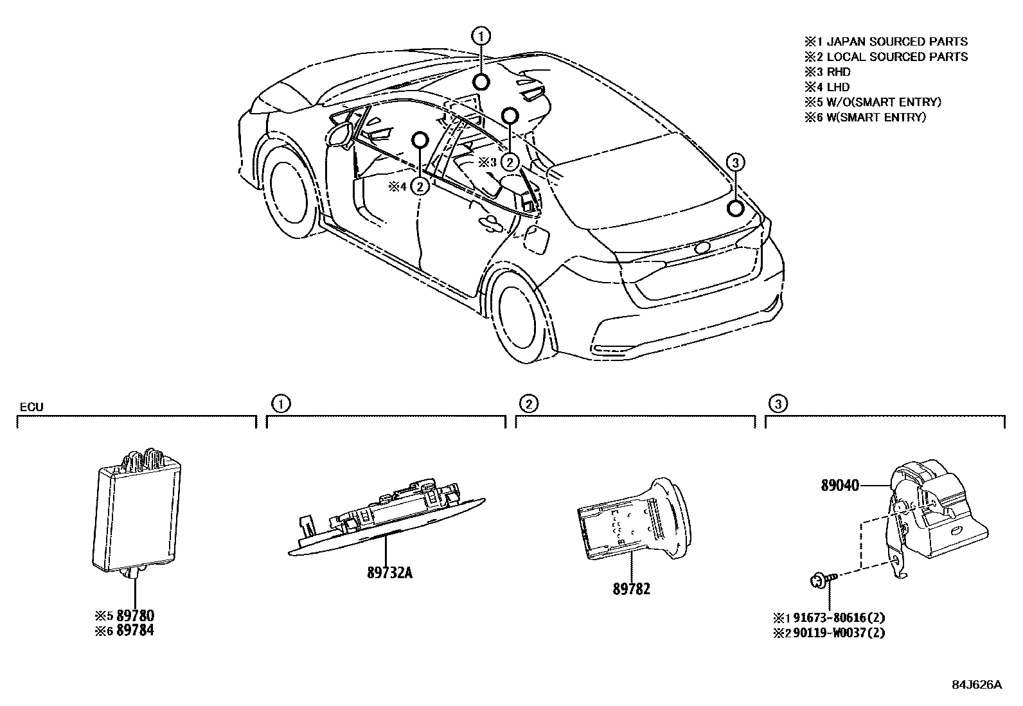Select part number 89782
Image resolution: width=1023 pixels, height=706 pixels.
tap(631, 588)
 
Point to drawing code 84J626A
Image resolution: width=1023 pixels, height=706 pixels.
tap(977, 685)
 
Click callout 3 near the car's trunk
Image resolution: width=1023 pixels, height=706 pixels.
tap(736, 163)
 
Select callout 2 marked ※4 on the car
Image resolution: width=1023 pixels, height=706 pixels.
tap(420, 187)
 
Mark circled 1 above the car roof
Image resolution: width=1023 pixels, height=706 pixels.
tap(481, 36)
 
